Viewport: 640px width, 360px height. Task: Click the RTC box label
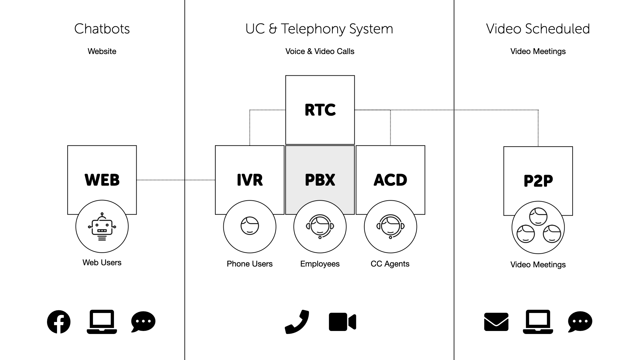click(320, 110)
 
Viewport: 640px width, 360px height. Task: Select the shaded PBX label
click(320, 180)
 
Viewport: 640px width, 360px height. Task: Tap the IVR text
click(250, 180)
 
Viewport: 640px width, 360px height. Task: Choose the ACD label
click(390, 180)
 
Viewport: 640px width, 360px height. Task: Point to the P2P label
click(538, 181)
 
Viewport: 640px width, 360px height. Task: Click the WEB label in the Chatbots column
click(102, 180)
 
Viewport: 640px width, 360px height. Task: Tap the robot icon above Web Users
click(102, 227)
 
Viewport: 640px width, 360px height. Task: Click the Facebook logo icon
click(59, 322)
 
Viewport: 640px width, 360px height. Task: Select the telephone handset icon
click(297, 322)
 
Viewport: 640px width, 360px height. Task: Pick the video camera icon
click(342, 322)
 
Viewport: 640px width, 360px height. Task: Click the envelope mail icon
click(496, 322)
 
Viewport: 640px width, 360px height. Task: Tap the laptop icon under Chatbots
click(102, 322)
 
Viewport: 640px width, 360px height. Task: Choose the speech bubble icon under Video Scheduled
click(580, 322)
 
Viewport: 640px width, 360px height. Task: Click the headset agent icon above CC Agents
click(390, 227)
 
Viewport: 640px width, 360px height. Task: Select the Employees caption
click(320, 264)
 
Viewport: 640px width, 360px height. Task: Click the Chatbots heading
click(102, 29)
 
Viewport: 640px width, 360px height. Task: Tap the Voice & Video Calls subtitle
click(320, 51)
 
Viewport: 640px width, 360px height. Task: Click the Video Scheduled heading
click(538, 29)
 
